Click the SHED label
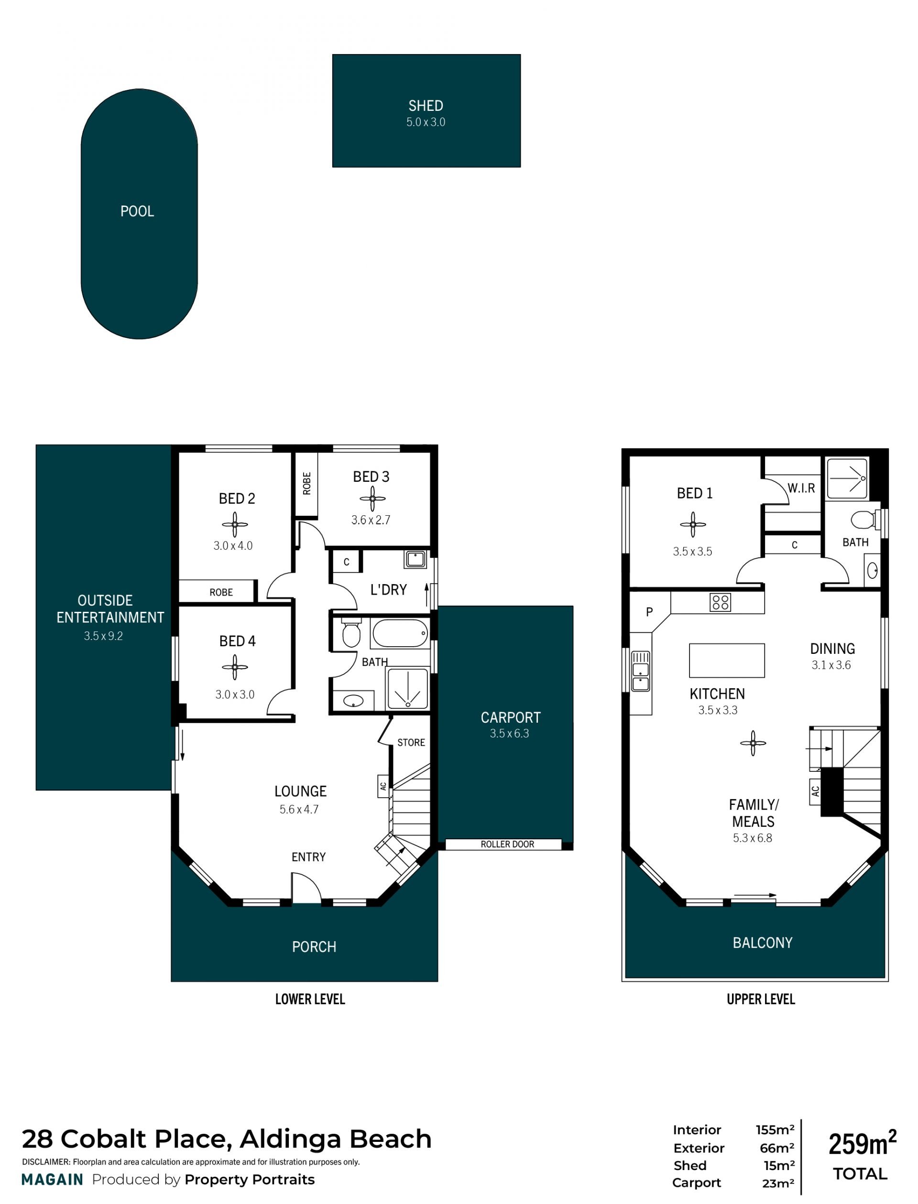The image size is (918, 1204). tap(426, 106)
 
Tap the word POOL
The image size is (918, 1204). tap(137, 211)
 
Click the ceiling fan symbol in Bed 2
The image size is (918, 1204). tap(235, 524)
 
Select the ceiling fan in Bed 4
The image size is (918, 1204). tap(235, 667)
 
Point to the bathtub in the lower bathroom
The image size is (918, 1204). tap(400, 633)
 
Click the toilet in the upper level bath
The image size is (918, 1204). tap(865, 520)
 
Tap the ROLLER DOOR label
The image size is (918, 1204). tap(507, 844)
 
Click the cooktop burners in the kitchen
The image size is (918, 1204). tap(720, 603)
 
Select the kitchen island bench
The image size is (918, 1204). tap(727, 661)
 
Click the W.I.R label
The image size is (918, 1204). tap(801, 488)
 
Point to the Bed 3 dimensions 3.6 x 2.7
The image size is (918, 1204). tap(371, 520)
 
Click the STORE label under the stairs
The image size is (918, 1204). tap(411, 742)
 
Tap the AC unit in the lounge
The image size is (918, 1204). tap(383, 786)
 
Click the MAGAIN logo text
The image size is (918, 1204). tap(53, 1180)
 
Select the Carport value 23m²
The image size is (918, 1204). tap(778, 1183)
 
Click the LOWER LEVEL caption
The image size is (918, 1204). tap(310, 999)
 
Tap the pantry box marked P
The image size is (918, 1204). tap(650, 612)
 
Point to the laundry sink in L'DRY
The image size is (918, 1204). tap(415, 559)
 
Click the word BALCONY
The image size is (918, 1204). tap(762, 943)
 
